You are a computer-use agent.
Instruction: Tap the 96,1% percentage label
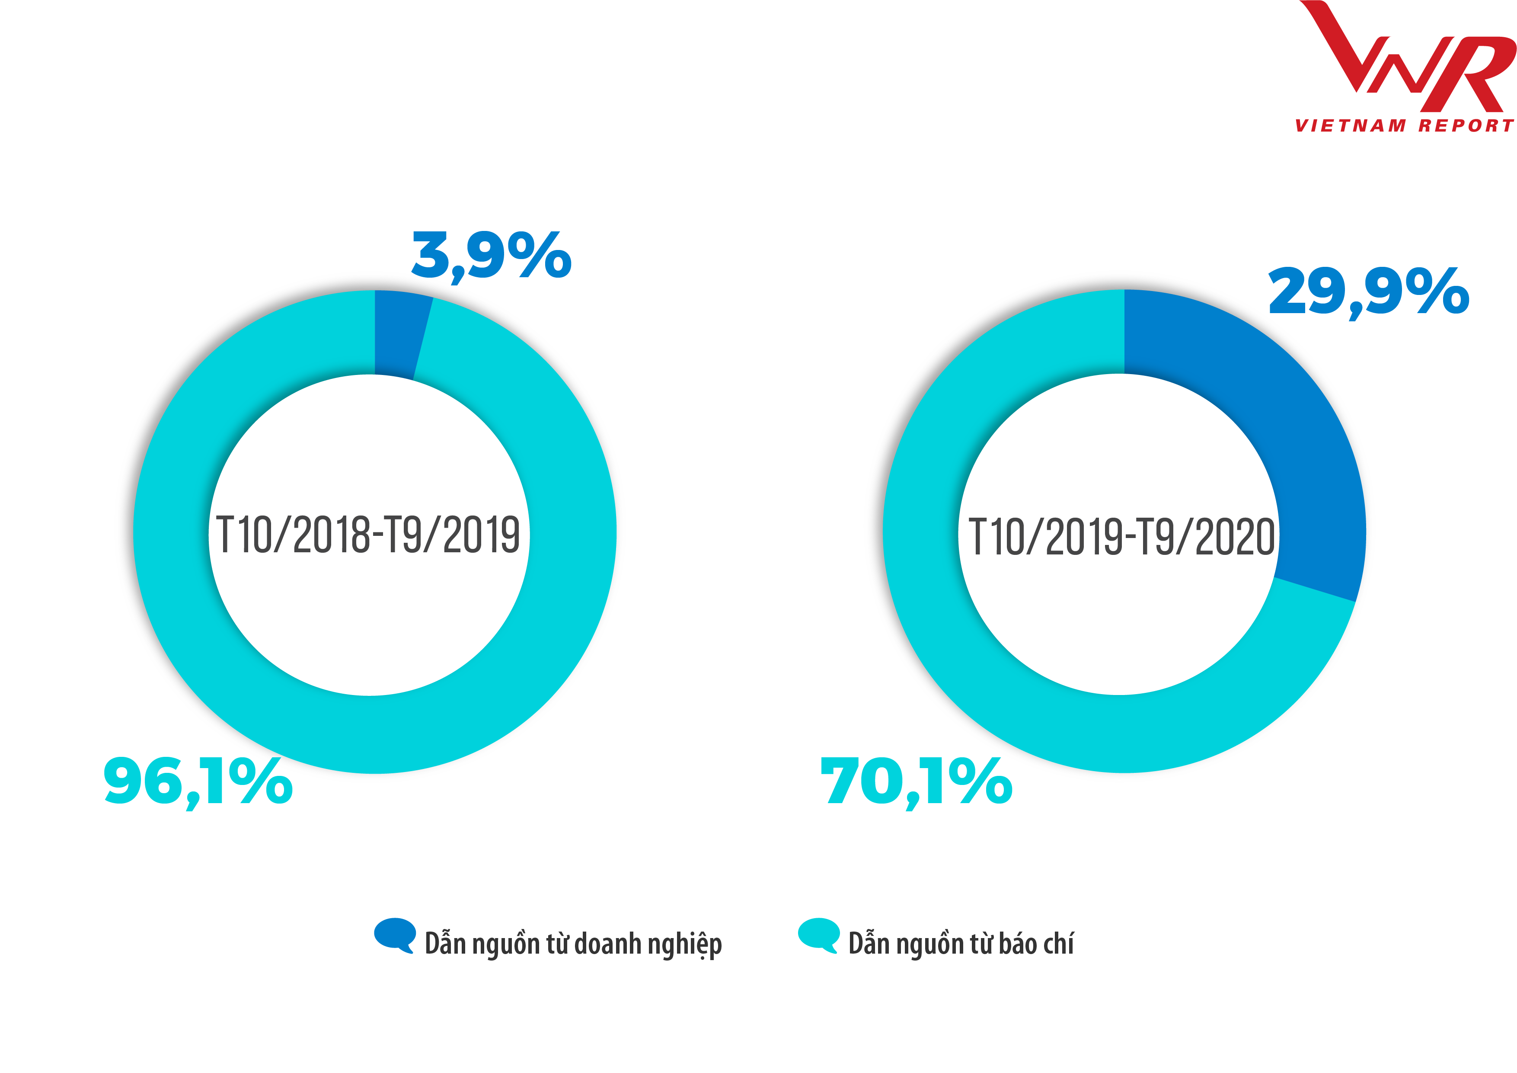click(198, 782)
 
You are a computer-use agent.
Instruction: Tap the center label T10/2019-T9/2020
click(1121, 536)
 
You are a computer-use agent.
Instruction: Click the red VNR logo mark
click(1407, 60)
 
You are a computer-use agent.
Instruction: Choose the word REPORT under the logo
click(1466, 125)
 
